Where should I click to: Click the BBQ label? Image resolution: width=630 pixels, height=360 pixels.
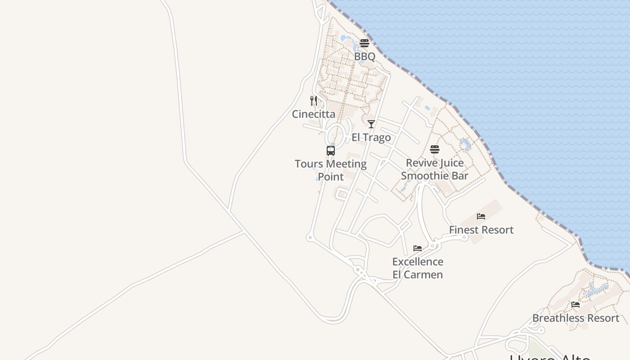tap(364, 57)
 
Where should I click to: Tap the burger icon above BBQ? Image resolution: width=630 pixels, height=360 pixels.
tap(364, 43)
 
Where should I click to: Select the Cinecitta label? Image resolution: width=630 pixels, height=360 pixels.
tap(314, 114)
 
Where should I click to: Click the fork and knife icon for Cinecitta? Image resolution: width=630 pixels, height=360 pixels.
tap(314, 100)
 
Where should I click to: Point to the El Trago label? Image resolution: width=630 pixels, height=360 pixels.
tap(371, 138)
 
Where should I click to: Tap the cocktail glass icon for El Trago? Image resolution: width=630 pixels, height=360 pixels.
tap(371, 124)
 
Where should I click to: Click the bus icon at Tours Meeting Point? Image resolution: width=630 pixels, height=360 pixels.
tap(331, 151)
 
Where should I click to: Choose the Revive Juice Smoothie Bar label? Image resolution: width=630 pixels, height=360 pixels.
tap(435, 169)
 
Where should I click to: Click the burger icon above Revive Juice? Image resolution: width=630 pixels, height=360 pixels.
tap(435, 149)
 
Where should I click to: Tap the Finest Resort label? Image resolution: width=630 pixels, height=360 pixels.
tap(481, 230)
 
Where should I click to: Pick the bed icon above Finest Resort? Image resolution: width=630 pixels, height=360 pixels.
tap(481, 216)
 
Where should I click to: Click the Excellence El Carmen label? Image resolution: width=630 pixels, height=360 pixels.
tap(418, 268)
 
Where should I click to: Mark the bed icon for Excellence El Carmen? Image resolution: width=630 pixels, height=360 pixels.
tap(418, 248)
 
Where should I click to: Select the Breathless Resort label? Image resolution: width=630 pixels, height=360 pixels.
tap(576, 318)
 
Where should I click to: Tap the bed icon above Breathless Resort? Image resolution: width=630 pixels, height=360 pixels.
tap(576, 305)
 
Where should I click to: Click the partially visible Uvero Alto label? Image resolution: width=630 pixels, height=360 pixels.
tap(550, 357)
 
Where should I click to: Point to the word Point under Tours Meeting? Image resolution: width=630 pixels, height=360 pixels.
tap(331, 177)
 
